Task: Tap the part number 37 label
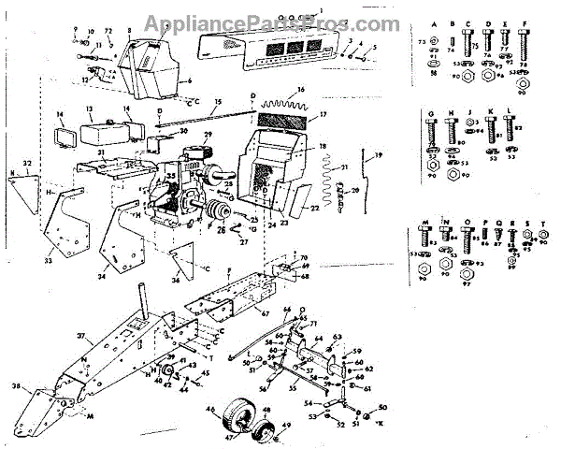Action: coord(81,335)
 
